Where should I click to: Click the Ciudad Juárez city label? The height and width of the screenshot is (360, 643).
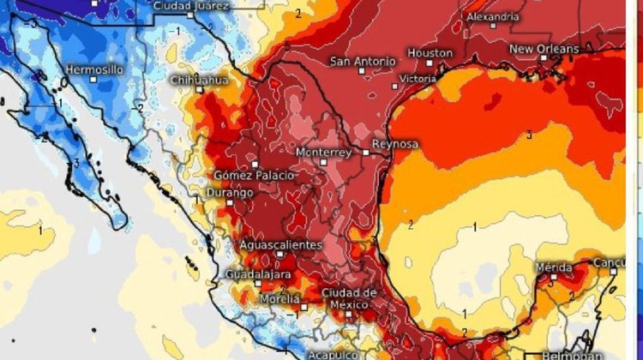[x=191, y=6]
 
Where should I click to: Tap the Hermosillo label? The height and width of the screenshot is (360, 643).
[x=95, y=68]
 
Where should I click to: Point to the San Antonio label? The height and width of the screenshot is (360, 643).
[x=364, y=62]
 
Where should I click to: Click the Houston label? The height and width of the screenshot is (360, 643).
[x=430, y=53]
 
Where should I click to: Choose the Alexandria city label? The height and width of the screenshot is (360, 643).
[x=492, y=16]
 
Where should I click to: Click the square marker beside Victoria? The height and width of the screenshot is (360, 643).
[x=395, y=85]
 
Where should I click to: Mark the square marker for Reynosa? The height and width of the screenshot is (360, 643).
[x=366, y=152]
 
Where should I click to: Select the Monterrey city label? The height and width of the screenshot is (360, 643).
[x=323, y=151]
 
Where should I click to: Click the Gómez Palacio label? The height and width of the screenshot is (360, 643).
[x=255, y=175]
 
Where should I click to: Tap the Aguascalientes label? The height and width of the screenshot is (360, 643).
[x=280, y=245]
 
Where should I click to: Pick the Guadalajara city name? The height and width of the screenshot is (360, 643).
[x=258, y=274]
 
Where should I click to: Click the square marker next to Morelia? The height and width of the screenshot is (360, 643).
[x=303, y=305]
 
